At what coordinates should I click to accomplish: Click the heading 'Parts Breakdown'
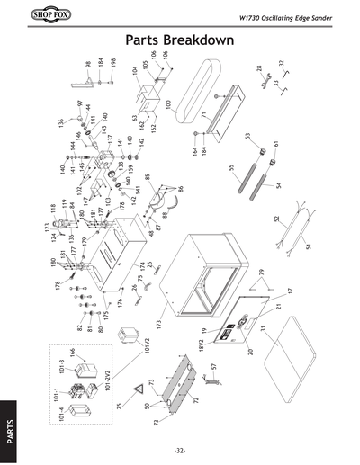coord(180,41)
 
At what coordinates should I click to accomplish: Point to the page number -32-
coord(180,450)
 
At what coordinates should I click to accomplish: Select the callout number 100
coord(167,104)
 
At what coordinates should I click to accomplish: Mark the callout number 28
coord(259,68)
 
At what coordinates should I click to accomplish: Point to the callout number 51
coord(308,245)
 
